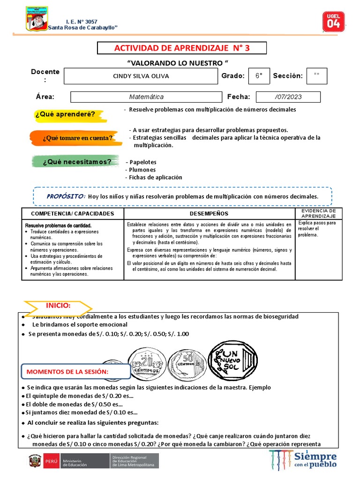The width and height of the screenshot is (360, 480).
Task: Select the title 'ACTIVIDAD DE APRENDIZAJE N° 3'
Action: (x=181, y=48)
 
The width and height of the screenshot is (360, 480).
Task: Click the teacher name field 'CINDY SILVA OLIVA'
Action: (x=141, y=76)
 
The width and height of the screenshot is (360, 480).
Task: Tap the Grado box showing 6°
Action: (x=259, y=76)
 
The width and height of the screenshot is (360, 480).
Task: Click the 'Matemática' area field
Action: (x=146, y=97)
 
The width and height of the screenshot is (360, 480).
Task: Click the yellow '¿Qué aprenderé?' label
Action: (x=66, y=114)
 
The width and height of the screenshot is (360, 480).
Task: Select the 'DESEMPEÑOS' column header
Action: (x=209, y=213)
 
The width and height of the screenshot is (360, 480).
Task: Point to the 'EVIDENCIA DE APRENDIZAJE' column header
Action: (x=319, y=213)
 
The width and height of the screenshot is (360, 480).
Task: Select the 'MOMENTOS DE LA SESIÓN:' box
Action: (x=75, y=372)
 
